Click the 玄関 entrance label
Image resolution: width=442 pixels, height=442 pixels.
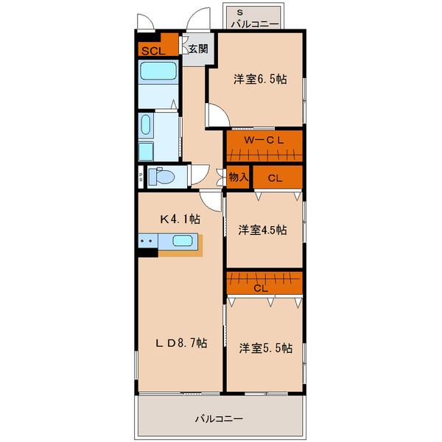198,49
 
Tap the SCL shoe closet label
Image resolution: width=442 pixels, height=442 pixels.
153,51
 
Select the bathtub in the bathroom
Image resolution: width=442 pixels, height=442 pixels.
158,71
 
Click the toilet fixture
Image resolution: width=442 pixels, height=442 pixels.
161,177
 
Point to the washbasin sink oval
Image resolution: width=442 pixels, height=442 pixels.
146,124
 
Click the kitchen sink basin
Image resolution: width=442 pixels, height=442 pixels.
183,240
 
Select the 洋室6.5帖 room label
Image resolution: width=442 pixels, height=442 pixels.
260,80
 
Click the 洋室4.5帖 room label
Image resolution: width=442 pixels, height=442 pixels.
263,230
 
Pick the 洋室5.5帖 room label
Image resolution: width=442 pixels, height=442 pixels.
265,348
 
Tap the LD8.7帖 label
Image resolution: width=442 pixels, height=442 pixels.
181,343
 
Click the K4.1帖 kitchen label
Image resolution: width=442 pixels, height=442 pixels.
180,219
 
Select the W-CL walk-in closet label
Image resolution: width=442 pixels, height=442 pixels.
264,140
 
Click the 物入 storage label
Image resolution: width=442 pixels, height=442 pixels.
239,177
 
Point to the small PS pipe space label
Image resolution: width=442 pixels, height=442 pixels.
141,177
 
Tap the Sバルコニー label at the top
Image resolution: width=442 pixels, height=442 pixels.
255,20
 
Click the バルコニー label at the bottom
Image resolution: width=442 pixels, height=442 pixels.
219,419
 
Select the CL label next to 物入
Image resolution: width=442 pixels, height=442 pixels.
275,178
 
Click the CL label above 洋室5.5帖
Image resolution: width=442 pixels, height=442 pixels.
261,288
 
